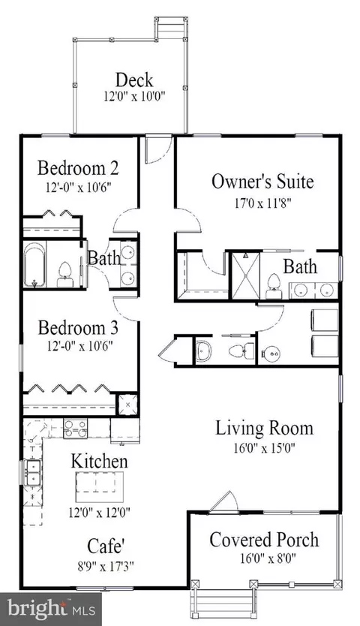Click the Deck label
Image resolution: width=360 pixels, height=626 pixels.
pyautogui.click(x=134, y=80)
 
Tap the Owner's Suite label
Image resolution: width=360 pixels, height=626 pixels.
pyautogui.click(x=262, y=181)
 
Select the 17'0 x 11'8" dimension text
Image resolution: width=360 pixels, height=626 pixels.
pyautogui.click(x=263, y=203)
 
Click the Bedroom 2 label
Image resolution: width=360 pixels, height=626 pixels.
pyautogui.click(x=78, y=167)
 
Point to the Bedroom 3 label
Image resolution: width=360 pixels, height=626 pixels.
pyautogui.click(x=78, y=328)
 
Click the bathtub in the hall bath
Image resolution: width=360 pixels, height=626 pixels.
pyautogui.click(x=35, y=265)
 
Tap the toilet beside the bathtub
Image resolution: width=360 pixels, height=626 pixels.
pyautogui.click(x=65, y=275)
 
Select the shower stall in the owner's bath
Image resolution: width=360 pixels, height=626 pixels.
pyautogui.click(x=246, y=275)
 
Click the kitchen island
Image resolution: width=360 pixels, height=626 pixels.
pyautogui.click(x=100, y=486)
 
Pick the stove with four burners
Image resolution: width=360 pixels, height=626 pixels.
pyautogui.click(x=76, y=428)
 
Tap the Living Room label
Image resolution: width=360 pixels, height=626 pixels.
pyautogui.click(x=265, y=428)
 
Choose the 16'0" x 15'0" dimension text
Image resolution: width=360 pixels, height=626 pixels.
pyautogui.click(x=265, y=448)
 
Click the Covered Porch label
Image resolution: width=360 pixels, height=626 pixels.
pyautogui.click(x=264, y=540)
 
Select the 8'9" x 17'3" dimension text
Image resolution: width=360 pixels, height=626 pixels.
pyautogui.click(x=105, y=566)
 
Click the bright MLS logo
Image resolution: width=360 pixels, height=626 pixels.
pyautogui.click(x=51, y=609)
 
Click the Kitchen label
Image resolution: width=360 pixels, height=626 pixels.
pyautogui.click(x=100, y=461)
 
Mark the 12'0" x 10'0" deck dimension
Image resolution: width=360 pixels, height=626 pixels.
pyautogui.click(x=134, y=97)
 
